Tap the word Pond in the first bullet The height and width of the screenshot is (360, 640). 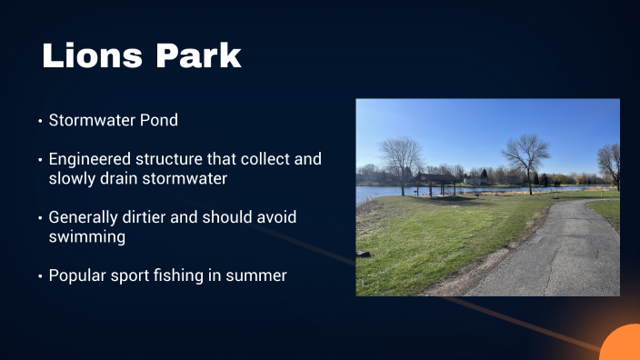(x=156, y=120)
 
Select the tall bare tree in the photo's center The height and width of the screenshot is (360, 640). (x=525, y=155)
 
